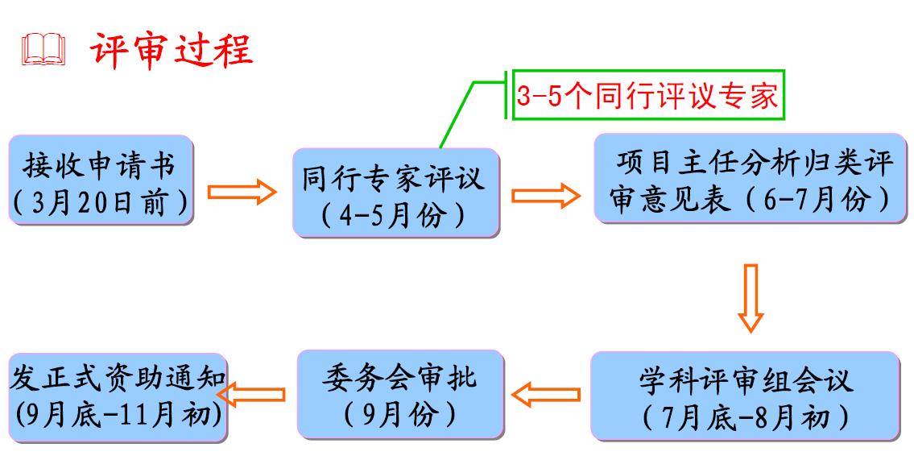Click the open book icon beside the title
click(x=44, y=50)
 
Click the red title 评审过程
click(x=172, y=49)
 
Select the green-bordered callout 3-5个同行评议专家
click(x=647, y=97)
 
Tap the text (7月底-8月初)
click(x=745, y=416)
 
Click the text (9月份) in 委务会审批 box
click(x=399, y=414)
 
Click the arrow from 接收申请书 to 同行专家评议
click(x=242, y=193)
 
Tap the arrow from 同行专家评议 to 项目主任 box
click(x=546, y=195)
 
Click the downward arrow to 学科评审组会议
click(x=750, y=296)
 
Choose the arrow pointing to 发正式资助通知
click(x=253, y=395)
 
